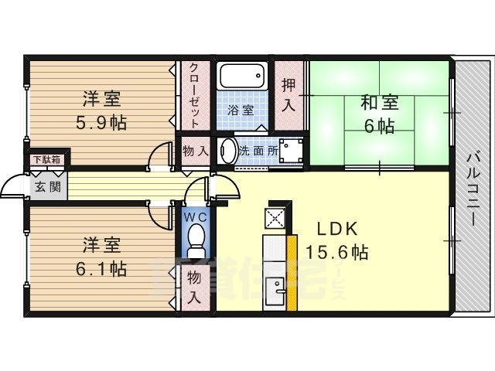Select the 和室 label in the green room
coord(379,102)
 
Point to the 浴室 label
coord(240,110)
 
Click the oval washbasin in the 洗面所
coord(227,151)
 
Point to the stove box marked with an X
coord(276,218)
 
